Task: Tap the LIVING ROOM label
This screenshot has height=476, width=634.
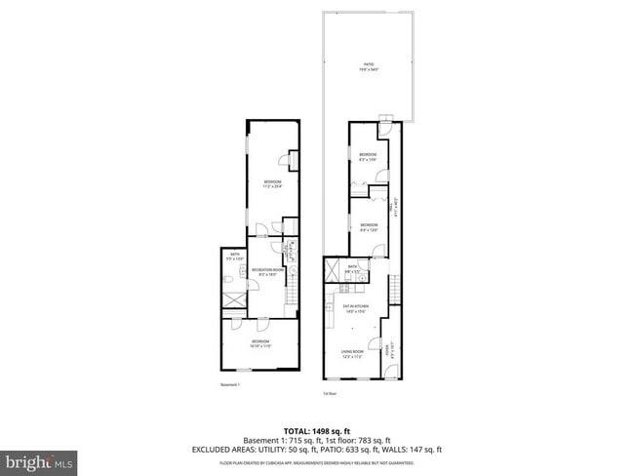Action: point(352,355)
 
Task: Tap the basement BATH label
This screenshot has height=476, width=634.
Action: point(234,257)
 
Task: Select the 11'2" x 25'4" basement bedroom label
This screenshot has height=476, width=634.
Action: point(272,183)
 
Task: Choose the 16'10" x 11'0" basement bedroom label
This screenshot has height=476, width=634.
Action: point(258,342)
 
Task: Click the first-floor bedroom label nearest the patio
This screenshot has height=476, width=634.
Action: point(368,157)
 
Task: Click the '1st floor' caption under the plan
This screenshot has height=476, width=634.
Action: point(330,393)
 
